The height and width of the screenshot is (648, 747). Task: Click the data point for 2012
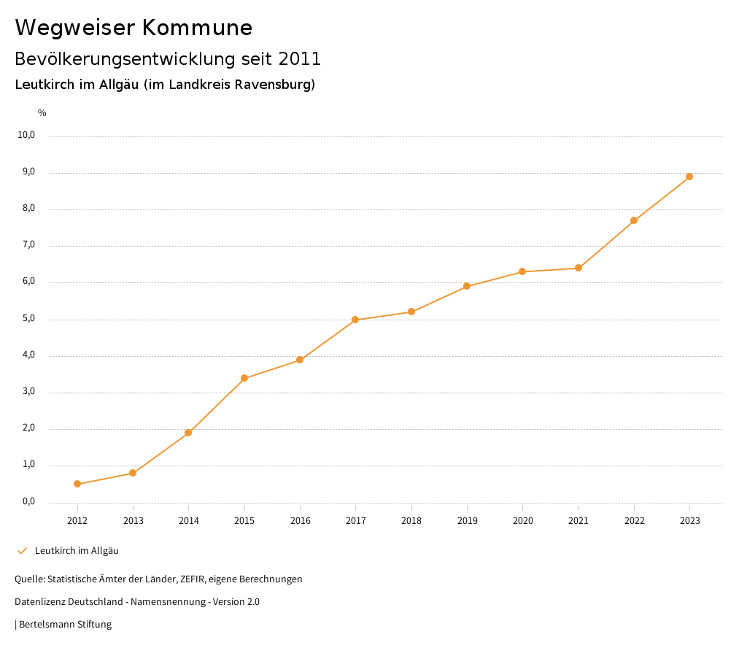tap(77, 484)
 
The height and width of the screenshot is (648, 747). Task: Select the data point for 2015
tap(244, 378)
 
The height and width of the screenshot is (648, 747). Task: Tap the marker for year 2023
tap(689, 177)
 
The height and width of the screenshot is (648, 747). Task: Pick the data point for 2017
tap(355, 320)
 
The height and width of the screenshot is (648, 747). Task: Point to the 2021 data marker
tap(578, 268)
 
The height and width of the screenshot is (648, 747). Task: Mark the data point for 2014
tap(188, 433)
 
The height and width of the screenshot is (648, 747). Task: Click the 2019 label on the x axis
tap(467, 521)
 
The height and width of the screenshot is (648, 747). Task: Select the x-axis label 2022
tap(634, 521)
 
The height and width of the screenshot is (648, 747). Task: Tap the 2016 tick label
tap(300, 521)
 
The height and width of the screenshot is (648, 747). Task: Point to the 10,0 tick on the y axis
tap(27, 135)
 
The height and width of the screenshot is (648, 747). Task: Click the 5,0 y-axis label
tap(28, 319)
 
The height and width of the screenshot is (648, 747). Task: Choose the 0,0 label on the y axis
tap(28, 501)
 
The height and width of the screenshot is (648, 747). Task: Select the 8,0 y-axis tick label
tap(28, 209)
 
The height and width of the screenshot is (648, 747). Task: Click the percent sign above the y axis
tap(42, 113)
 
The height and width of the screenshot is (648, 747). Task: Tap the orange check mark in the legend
tap(22, 551)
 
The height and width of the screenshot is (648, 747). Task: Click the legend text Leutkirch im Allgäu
tap(77, 551)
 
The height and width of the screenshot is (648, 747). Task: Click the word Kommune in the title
tap(197, 28)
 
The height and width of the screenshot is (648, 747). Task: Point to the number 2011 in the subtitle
tap(299, 58)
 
